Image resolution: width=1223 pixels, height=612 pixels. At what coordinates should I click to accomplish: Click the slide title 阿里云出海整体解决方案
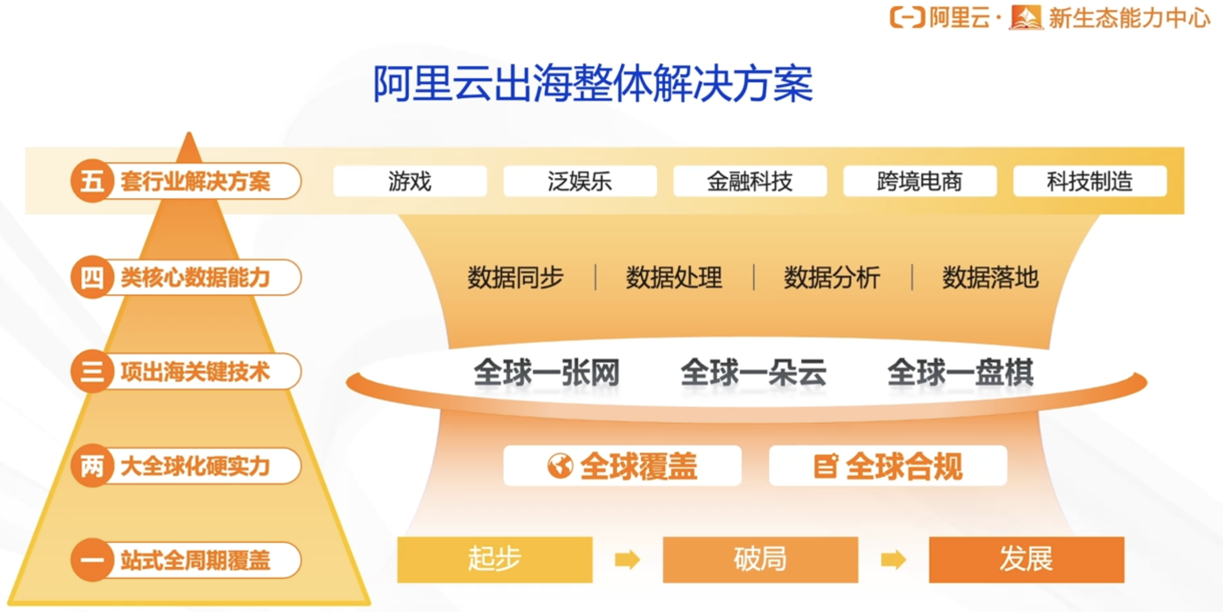(x=593, y=84)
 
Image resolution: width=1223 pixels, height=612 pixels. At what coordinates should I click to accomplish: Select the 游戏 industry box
(x=410, y=181)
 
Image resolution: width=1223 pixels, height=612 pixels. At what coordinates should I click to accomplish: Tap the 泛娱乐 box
(x=580, y=181)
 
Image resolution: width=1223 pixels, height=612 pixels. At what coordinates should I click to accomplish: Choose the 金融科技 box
(x=750, y=181)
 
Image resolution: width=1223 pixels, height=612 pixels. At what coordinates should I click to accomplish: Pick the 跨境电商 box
(x=920, y=181)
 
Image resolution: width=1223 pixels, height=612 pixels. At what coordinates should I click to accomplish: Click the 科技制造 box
(x=1090, y=181)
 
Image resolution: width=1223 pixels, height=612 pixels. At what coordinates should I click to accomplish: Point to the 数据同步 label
(x=515, y=278)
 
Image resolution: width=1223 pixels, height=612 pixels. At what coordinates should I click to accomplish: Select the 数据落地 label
(x=990, y=278)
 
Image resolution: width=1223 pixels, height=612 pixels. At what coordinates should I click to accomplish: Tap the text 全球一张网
(x=547, y=373)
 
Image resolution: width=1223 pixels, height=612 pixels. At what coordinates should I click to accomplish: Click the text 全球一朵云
(x=754, y=373)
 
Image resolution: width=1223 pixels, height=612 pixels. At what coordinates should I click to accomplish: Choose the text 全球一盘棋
(x=960, y=373)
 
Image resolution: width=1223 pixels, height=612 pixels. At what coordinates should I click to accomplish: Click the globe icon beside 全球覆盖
(x=560, y=466)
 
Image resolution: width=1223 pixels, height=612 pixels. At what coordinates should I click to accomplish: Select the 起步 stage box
(x=495, y=559)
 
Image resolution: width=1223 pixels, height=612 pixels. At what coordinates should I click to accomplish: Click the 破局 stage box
(x=760, y=559)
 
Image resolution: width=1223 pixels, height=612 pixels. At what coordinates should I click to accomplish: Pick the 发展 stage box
(x=1026, y=559)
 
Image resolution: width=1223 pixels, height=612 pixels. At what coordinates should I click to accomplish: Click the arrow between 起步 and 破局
(x=628, y=560)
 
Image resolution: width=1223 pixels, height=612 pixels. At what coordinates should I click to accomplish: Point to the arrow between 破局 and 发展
(x=894, y=560)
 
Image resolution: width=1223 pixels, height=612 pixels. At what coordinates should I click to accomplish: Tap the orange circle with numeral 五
(x=92, y=181)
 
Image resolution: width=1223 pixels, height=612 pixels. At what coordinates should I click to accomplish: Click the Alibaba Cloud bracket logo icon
(x=907, y=18)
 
